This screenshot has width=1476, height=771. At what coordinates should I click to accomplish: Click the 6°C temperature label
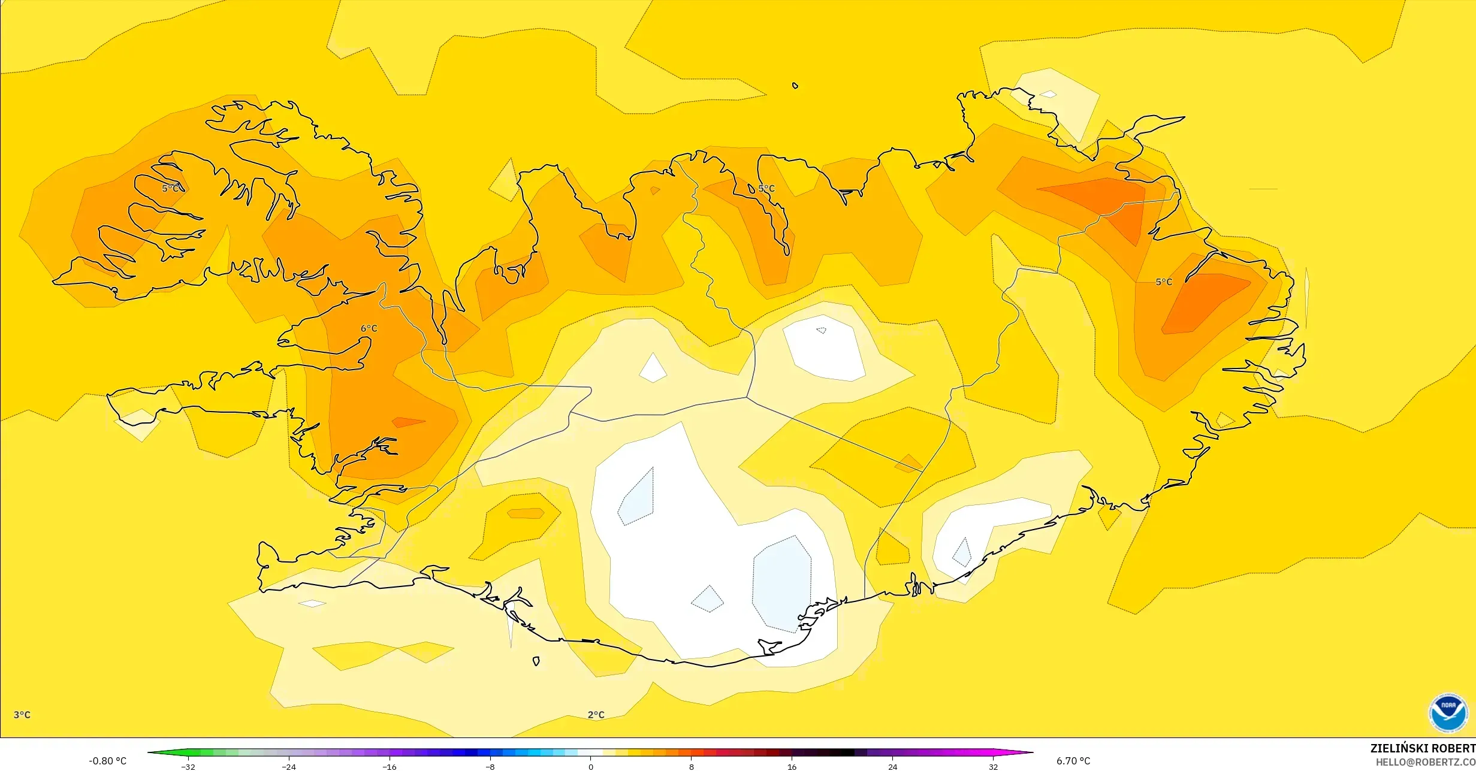coord(369,329)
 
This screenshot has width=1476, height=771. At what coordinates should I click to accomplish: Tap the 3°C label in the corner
coord(22,715)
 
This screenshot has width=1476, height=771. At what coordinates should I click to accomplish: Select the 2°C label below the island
coord(596,715)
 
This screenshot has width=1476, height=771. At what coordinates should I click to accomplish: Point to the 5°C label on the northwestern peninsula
coord(170,188)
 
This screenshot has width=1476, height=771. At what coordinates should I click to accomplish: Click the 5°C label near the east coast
coord(1164,282)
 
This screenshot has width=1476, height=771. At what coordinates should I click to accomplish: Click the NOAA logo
coord(1448,713)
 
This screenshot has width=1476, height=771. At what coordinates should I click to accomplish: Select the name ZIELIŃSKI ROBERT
coord(1423,748)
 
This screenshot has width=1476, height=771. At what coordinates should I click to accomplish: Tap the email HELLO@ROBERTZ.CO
coord(1425,761)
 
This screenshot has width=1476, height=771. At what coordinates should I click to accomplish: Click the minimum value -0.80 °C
coord(108,761)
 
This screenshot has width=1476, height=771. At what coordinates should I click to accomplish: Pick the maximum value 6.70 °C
coord(1073,761)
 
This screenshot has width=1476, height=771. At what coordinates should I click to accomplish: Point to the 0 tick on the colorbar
coord(591,767)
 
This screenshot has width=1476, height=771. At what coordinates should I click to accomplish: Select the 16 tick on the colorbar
coord(792,767)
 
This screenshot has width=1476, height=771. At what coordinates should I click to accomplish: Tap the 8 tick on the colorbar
coord(692,767)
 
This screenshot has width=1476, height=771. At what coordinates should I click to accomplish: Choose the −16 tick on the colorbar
coord(390,767)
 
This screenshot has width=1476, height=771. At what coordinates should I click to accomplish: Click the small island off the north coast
coord(795,86)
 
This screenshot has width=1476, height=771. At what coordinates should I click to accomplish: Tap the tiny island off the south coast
coord(536,661)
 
